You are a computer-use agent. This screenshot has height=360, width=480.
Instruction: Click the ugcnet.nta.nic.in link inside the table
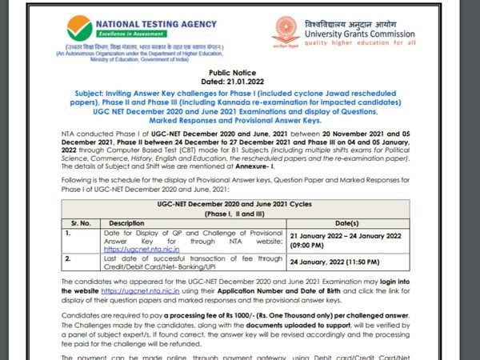(x=142, y=250)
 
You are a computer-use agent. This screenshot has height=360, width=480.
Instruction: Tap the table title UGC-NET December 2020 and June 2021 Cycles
(x=241, y=206)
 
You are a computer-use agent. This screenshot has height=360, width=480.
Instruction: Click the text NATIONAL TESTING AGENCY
(x=148, y=23)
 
